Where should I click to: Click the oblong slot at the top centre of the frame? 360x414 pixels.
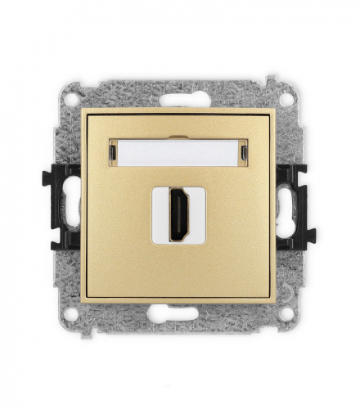tap(179, 101)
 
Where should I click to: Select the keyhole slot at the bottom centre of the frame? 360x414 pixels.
tap(179, 312)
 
